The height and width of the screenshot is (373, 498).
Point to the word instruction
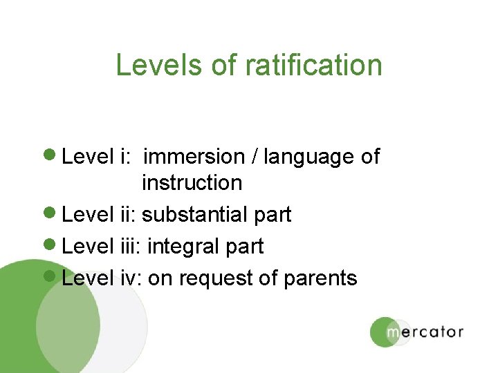(192, 183)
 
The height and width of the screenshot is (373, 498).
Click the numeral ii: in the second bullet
(128, 215)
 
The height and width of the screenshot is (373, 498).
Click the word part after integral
(244, 247)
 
